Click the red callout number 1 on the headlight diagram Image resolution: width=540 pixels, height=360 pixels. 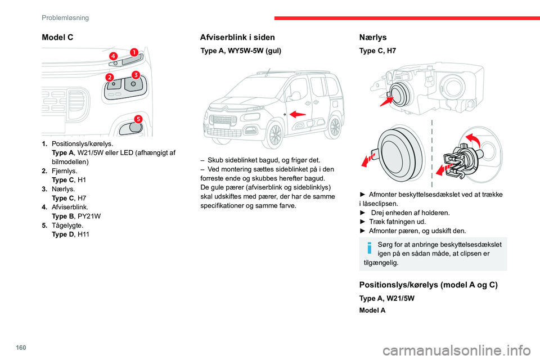[x=134, y=52]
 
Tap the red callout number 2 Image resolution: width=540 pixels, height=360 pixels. [x=109, y=76]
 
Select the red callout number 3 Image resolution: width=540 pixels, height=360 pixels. [x=136, y=74]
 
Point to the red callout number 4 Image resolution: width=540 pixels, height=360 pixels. [x=113, y=56]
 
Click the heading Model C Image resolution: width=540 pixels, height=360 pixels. [x=57, y=38]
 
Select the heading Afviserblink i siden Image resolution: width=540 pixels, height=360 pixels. [x=237, y=38]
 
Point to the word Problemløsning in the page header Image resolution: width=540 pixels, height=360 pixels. [x=65, y=17]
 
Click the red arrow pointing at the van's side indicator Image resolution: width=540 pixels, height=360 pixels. [x=298, y=114]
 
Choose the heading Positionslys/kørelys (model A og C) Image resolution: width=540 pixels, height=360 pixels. [x=428, y=285]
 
